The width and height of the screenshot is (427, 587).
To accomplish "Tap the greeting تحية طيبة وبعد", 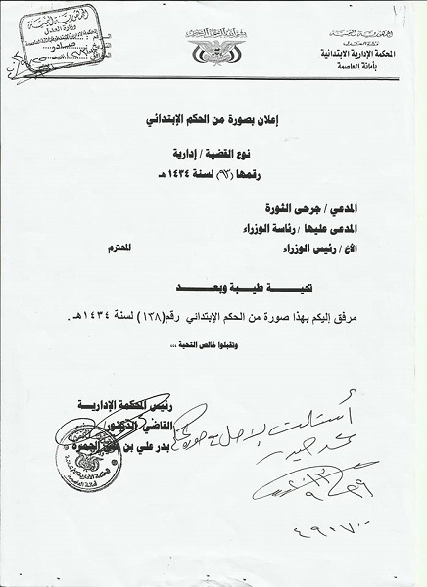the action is (210, 290).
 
